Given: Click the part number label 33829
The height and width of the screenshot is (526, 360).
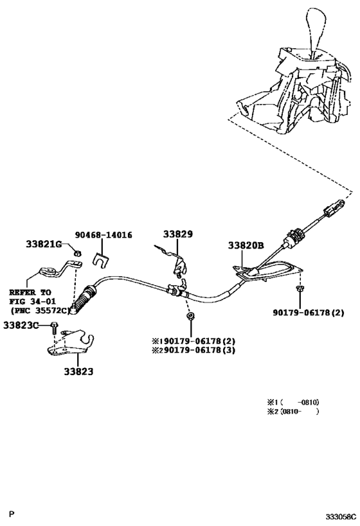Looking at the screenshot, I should tap(177, 235).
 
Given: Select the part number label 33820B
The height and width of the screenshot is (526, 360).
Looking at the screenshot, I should tap(246, 245).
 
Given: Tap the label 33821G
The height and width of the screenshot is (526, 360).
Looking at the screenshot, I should tap(44, 245).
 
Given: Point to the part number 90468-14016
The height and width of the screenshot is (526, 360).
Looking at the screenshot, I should tap(103, 236).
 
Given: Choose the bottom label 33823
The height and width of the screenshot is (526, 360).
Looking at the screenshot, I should tap(78, 371).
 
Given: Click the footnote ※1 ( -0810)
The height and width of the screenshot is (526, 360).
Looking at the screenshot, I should tap(292, 402).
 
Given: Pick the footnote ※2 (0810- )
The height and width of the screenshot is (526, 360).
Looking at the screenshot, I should tap(292, 412).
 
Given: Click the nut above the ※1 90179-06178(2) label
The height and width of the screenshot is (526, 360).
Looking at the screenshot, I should tap(190, 317).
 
